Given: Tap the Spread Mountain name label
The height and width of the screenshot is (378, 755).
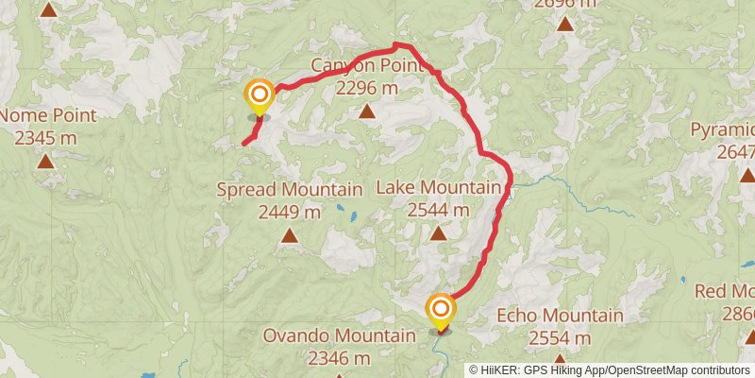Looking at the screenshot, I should pos(290,189).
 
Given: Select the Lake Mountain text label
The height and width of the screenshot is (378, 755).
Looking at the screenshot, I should pos(438,188).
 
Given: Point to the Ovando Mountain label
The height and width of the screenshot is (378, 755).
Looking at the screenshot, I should pos(340,335).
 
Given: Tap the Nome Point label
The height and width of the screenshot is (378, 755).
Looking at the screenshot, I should pos(48,115).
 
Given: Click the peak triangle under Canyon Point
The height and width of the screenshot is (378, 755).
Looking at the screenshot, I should pos(366,112).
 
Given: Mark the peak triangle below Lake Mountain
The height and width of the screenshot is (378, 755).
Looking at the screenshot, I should pos(438,232).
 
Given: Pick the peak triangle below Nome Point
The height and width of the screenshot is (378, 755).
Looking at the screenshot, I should pos(45,161).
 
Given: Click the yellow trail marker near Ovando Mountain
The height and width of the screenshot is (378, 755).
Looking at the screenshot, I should pos(441,309).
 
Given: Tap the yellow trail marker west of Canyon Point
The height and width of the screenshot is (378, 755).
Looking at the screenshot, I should pos(259,94).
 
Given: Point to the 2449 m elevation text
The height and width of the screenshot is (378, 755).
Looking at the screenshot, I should pos(290,212).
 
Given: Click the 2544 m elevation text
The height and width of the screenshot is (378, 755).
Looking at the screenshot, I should pos(438,211).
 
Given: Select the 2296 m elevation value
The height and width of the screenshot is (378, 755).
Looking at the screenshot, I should pos(366,89).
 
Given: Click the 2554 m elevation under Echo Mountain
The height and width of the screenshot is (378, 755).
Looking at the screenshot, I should pos(560,338).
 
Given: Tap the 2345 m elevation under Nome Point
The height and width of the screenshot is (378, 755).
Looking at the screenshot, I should pos(45,138).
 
